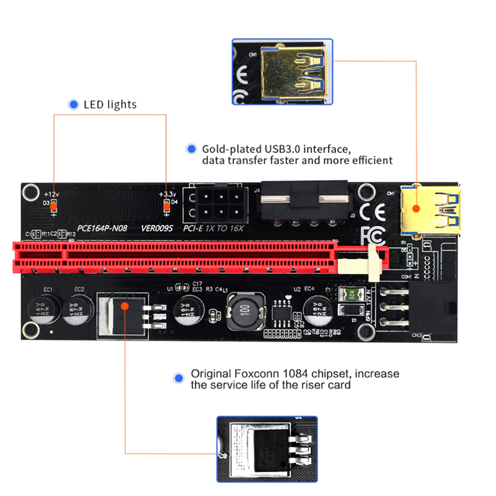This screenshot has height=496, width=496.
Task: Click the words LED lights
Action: [x=110, y=105]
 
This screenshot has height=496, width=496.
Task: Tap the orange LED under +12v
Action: [x=54, y=203]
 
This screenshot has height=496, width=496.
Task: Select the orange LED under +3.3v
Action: [x=166, y=203]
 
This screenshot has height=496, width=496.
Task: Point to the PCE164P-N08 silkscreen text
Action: [x=102, y=228]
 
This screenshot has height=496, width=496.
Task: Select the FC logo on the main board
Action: [x=374, y=234]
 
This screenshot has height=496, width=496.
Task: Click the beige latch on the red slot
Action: [x=374, y=260]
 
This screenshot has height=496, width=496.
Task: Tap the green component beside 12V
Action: [x=352, y=294]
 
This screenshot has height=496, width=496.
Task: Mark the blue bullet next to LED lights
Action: [x=73, y=105]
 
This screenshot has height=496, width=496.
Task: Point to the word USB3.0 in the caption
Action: [x=278, y=149]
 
